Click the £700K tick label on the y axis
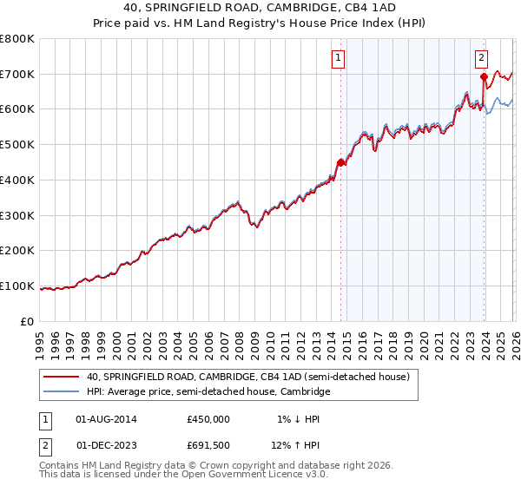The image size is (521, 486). (x=17, y=74)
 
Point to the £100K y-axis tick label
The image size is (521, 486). (x=17, y=286)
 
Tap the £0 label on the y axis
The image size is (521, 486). (x=28, y=321)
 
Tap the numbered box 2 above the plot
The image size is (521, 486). (x=480, y=58)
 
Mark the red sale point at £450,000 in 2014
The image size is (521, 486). (x=340, y=162)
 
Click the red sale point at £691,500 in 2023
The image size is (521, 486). (x=484, y=77)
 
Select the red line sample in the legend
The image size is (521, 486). (x=62, y=377)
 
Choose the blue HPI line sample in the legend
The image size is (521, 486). (x=62, y=391)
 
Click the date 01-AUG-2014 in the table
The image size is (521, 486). (x=106, y=418)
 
